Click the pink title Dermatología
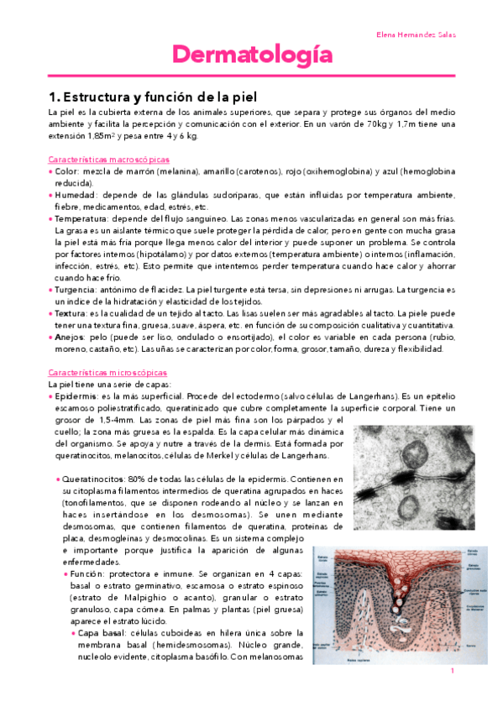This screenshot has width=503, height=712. tap(252, 56)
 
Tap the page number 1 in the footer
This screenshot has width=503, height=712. tap(452, 671)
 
